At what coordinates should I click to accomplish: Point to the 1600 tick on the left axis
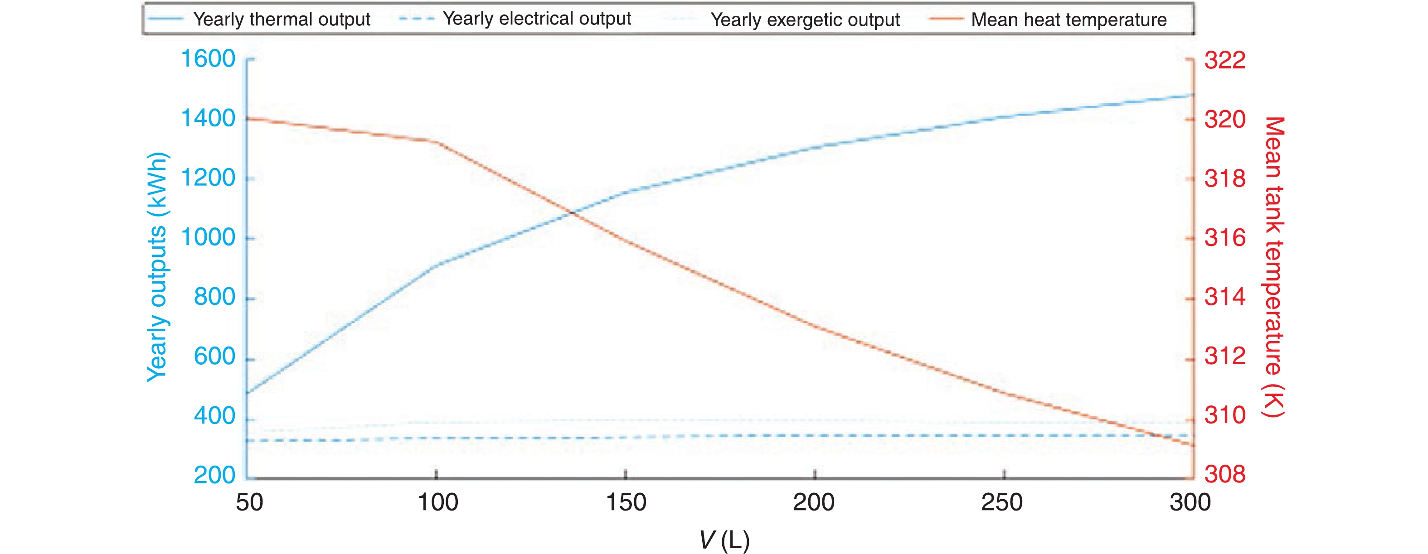click(x=209, y=59)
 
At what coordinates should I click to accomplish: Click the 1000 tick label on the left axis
click(x=209, y=238)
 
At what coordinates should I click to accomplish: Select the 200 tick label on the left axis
click(x=214, y=475)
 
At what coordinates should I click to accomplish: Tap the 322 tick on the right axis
click(x=1224, y=60)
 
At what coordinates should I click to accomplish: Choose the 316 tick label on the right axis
click(x=1224, y=238)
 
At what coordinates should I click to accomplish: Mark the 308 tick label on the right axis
click(x=1224, y=475)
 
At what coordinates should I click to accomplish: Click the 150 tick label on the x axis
click(x=626, y=502)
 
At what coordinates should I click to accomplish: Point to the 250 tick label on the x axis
click(x=1002, y=502)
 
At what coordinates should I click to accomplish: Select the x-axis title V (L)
click(x=724, y=540)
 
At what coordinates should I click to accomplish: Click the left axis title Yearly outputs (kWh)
click(x=157, y=266)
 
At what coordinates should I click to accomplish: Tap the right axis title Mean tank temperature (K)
click(x=1273, y=266)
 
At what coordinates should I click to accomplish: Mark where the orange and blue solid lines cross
click(x=572, y=212)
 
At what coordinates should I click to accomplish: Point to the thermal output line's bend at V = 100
click(x=437, y=265)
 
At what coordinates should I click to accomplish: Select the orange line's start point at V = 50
click(x=248, y=119)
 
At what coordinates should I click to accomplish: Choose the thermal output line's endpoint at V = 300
click(x=1192, y=95)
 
